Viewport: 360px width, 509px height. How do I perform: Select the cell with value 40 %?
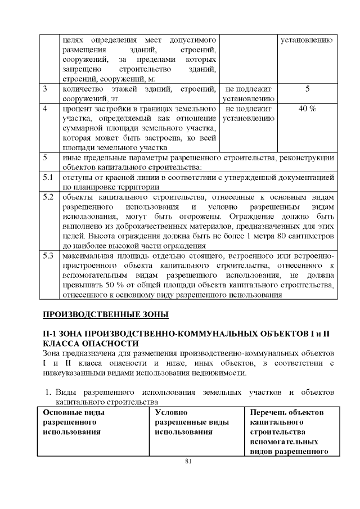(x=307, y=109)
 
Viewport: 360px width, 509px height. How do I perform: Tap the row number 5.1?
(x=48, y=178)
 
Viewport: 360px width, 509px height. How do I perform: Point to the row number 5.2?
(x=48, y=197)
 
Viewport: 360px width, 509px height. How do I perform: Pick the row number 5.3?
(x=48, y=256)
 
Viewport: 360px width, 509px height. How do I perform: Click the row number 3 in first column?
(x=46, y=89)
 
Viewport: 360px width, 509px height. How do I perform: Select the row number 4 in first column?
(x=46, y=109)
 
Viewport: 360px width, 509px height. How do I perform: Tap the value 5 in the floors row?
(x=307, y=89)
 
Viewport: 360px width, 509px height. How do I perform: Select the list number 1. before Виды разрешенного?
(x=49, y=391)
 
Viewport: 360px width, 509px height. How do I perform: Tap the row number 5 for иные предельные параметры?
(x=46, y=158)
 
